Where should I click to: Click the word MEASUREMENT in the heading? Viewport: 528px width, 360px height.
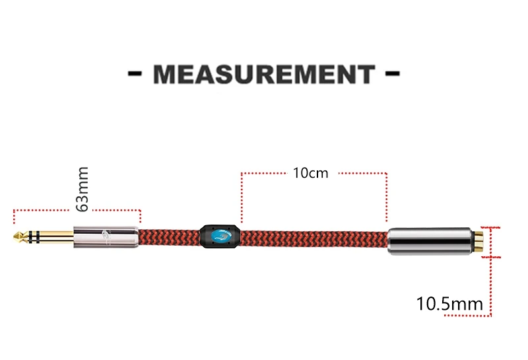point(264,74)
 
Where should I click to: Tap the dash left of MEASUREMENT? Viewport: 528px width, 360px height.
point(135,73)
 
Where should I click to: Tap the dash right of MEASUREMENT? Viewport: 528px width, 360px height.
point(392,73)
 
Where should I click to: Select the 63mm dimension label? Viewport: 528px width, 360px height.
point(82,189)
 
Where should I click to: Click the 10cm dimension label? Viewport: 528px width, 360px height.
point(310,173)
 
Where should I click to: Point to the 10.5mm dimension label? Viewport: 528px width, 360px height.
point(449,304)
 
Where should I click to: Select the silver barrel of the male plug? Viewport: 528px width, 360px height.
point(106,237)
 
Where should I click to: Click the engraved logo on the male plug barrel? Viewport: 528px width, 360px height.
point(107,236)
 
